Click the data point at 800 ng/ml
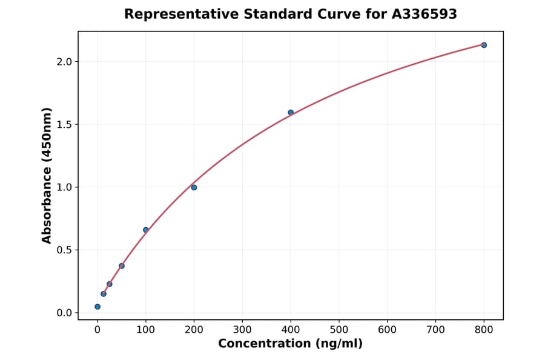[x=484, y=45]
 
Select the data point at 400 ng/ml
[x=291, y=112]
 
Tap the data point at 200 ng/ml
[x=194, y=187]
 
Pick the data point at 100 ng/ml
[x=145, y=230]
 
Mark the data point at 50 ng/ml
[x=122, y=266]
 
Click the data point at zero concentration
[x=97, y=307]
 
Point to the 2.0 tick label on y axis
[x=65, y=62]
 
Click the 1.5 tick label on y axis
[x=65, y=124]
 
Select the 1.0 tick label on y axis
[x=65, y=187]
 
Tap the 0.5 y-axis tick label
[x=65, y=250]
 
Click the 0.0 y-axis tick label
[x=65, y=313]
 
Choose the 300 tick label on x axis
[x=242, y=330]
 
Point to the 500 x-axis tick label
[x=339, y=330]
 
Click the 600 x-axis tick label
[x=387, y=330]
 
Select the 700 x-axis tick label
[x=435, y=330]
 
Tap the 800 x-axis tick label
[x=484, y=330]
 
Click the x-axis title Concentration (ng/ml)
[x=291, y=344]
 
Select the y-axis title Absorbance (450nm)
[x=47, y=175]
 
